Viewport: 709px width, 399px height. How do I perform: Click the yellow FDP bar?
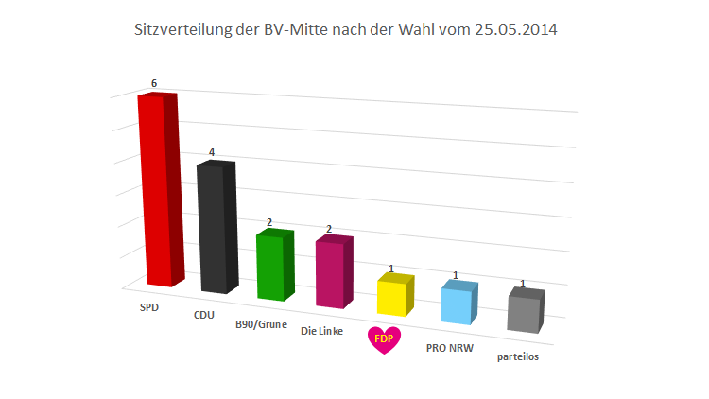pyautogui.click(x=393, y=297)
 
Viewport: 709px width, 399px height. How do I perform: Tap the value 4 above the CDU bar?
pyautogui.click(x=212, y=152)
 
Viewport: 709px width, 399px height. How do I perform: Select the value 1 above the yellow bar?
pyautogui.click(x=390, y=269)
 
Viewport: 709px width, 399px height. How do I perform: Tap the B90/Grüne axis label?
pyautogui.click(x=261, y=323)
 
